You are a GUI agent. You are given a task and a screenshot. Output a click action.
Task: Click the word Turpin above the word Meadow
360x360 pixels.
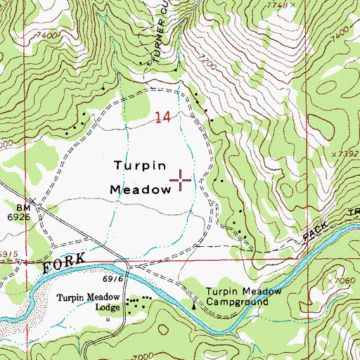pyautogui.click(x=140, y=167)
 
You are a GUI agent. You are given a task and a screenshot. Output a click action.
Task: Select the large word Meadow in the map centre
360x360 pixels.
pyautogui.click(x=141, y=190)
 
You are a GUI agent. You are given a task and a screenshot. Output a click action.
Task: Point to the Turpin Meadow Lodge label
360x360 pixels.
pyautogui.click(x=89, y=302)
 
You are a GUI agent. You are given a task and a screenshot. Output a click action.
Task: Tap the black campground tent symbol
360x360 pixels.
pyautogui.click(x=195, y=305)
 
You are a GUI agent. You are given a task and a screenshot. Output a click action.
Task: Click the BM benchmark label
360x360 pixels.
pyautogui.click(x=23, y=208)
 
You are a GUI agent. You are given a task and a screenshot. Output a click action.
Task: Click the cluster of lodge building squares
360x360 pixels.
pyautogui.click(x=136, y=303)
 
